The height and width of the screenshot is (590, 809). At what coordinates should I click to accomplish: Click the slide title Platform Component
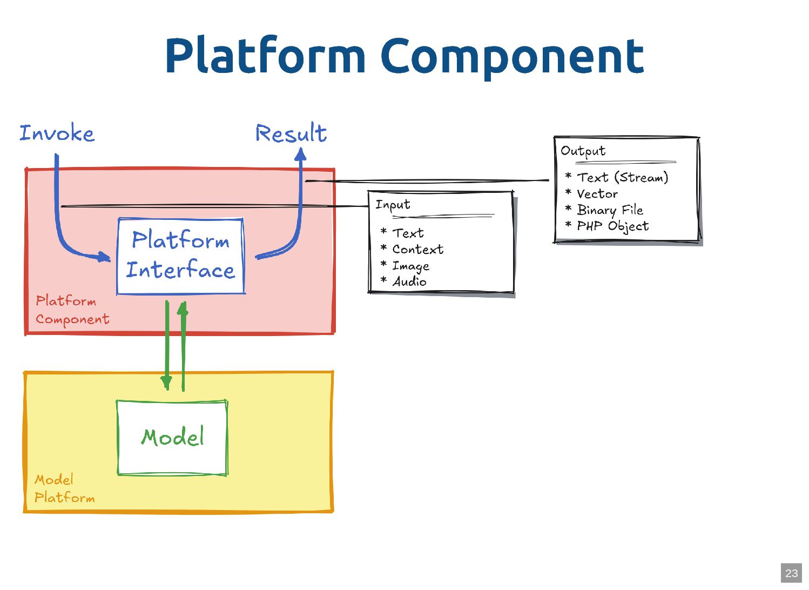point(404,56)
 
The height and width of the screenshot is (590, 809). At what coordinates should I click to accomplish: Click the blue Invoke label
point(57,133)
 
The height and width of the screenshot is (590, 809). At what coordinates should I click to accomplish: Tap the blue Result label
point(291,133)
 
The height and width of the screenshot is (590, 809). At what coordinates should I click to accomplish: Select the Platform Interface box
point(181,256)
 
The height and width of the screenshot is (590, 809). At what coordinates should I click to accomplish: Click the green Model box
point(172,437)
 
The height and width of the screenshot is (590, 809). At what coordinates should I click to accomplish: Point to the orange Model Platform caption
point(64,488)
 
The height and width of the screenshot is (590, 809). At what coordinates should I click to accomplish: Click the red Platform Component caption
point(72,310)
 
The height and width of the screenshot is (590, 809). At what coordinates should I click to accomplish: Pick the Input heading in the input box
point(393,205)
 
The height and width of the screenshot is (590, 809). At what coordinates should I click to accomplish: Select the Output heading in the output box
point(583,151)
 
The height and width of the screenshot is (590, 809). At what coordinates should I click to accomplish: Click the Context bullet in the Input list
point(417,249)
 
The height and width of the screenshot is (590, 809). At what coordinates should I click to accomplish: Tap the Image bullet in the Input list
point(410,266)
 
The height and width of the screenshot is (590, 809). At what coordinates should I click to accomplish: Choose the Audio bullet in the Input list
point(409,281)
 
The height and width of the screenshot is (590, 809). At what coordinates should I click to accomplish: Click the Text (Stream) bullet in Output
point(622,177)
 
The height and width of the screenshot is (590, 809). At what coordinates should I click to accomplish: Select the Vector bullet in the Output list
point(597,193)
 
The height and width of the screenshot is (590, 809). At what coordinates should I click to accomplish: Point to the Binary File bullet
point(610,210)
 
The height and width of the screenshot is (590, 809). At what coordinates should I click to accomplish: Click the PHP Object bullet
point(612,226)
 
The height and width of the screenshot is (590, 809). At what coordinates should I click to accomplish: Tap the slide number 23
point(791,573)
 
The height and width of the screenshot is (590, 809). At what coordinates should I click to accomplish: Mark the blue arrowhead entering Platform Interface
point(104,257)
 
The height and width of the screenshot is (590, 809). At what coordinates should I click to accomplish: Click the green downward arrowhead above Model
point(166,383)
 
